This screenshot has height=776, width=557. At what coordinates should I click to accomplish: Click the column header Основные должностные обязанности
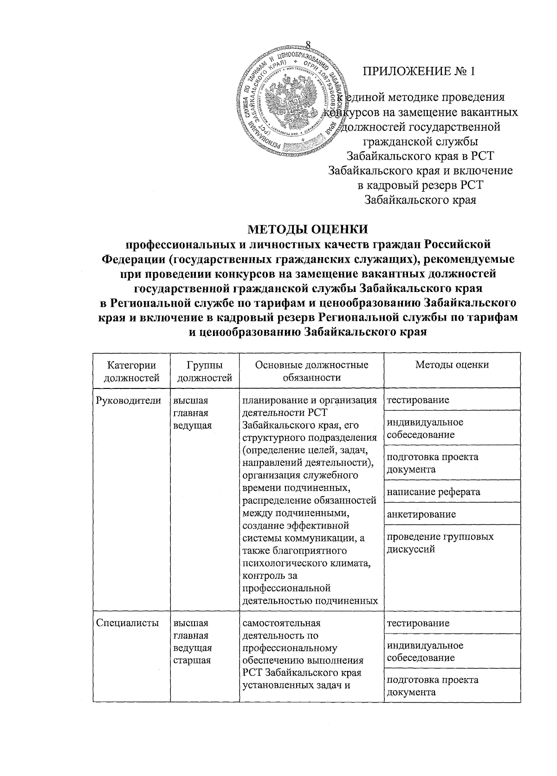pyautogui.click(x=311, y=371)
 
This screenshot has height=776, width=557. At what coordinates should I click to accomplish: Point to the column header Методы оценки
pyautogui.click(x=452, y=365)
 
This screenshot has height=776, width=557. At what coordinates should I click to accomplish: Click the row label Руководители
pyautogui.click(x=129, y=401)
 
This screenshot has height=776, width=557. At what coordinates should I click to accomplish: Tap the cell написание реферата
pyautogui.click(x=434, y=491)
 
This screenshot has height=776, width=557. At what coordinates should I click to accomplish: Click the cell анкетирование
pyautogui.click(x=421, y=514)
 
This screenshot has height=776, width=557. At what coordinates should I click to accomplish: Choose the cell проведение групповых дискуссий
pyautogui.click(x=440, y=543)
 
